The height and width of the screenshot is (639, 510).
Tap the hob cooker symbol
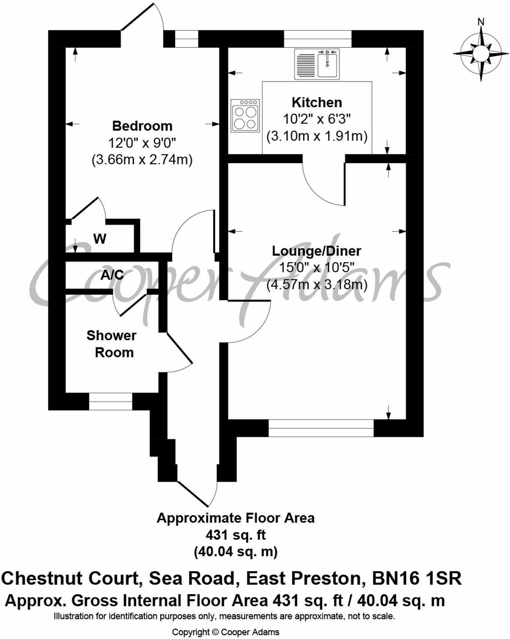coord(245,115)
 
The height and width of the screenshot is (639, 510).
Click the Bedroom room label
coord(142,126)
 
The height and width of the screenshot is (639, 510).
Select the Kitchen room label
coord(317,102)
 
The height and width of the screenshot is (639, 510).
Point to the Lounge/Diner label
coord(316,251)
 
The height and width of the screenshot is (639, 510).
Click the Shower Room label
coord(111,344)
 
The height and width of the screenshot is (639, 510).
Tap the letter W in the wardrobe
coord(100,238)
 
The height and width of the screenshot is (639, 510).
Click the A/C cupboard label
coord(112,275)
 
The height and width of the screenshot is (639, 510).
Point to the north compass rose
coord(480,53)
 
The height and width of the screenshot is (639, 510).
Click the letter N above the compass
coord(481,22)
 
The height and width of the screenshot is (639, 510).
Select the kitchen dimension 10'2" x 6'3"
coord(317,119)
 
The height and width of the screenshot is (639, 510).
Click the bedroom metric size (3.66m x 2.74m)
coord(142,160)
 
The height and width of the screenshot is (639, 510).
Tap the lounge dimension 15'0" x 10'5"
coord(317,268)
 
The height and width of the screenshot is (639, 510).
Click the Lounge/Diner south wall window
coord(321,428)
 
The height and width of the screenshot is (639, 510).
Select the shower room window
coord(111,402)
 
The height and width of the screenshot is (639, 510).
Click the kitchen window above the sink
coord(317,39)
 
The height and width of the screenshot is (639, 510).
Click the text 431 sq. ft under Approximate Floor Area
coord(235,535)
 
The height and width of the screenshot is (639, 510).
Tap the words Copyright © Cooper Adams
coord(226,632)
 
